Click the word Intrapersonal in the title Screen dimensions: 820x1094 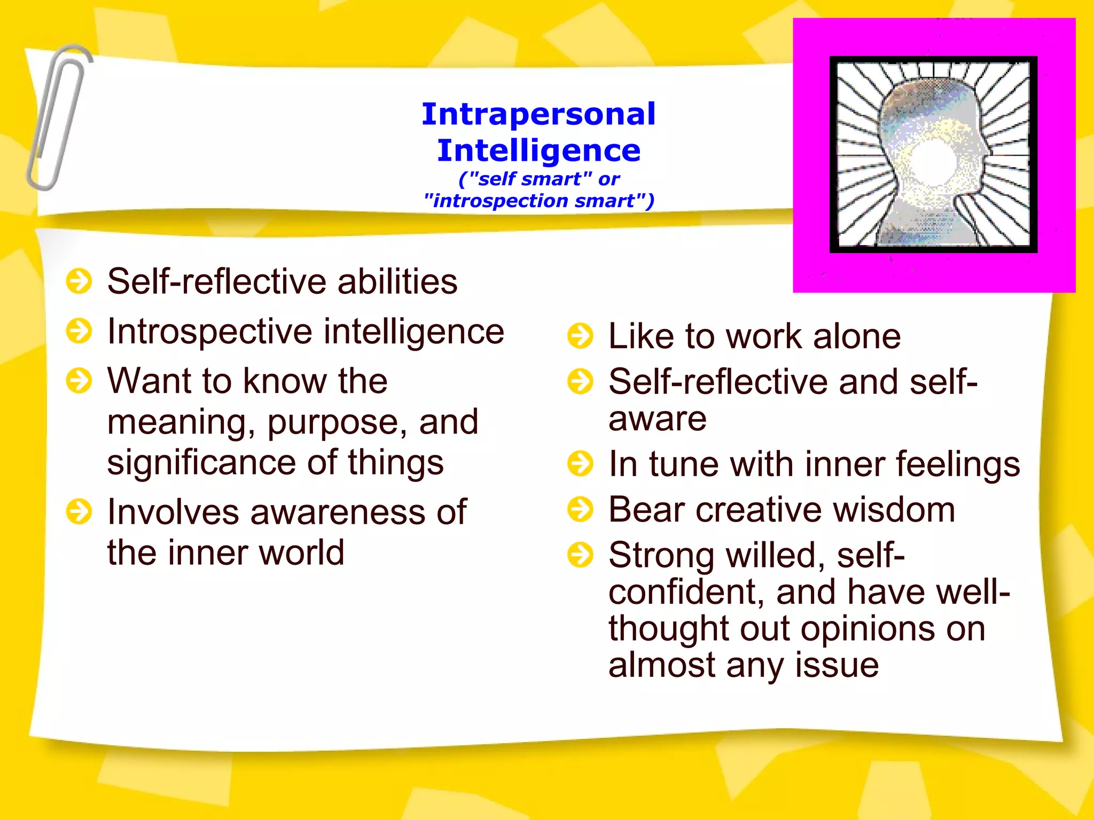pos(538,114)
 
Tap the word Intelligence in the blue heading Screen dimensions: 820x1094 pos(538,151)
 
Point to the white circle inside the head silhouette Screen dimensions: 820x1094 pos(933,161)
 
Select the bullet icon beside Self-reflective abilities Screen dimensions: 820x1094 pos(79,281)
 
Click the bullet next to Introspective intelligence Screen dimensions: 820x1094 pos(79,331)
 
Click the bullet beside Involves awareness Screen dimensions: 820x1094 pos(79,512)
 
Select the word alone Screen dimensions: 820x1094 pos(856,337)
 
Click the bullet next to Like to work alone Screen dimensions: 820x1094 pos(580,336)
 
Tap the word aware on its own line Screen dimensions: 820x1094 pos(657,419)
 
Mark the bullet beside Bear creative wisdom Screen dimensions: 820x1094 pos(580,509)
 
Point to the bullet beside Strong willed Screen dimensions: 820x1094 pos(580,555)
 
